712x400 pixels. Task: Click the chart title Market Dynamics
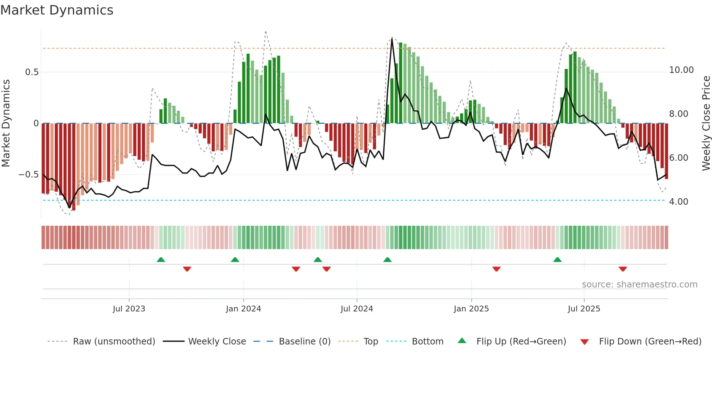tap(57, 10)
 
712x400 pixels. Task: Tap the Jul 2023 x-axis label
tap(129, 309)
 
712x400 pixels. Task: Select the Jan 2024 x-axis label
tap(243, 309)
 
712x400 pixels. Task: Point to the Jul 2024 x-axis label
tap(357, 309)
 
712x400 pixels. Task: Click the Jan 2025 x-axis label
tap(471, 309)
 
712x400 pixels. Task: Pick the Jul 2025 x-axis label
tap(584, 309)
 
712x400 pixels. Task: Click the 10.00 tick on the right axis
tap(681, 70)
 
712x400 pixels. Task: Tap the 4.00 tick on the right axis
tap(678, 202)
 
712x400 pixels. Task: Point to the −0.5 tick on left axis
tap(28, 175)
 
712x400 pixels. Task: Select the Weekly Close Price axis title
tap(706, 123)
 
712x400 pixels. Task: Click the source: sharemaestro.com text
tap(639, 285)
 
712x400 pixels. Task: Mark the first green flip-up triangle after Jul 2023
tap(161, 260)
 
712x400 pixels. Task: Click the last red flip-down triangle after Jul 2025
tap(623, 269)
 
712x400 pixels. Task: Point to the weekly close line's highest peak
tap(392, 39)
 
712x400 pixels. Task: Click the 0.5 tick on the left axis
tap(32, 72)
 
